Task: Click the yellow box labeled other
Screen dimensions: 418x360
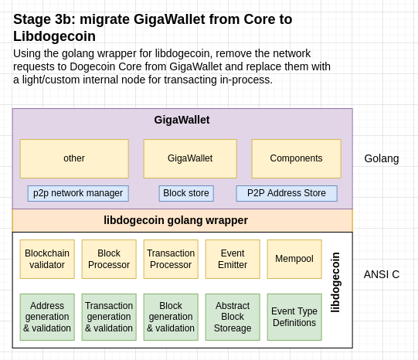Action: pyautogui.click(x=74, y=158)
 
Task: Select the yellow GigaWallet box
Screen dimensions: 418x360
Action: pyautogui.click(x=190, y=158)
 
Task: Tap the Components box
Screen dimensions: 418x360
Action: pyautogui.click(x=297, y=158)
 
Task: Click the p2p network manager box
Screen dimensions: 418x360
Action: pyautogui.click(x=78, y=193)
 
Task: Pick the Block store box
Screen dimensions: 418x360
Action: pyautogui.click(x=186, y=193)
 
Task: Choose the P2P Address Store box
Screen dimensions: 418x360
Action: pyautogui.click(x=287, y=193)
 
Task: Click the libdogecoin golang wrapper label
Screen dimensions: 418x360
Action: pyautogui.click(x=175, y=220)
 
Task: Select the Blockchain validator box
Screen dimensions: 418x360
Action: pyautogui.click(x=47, y=259)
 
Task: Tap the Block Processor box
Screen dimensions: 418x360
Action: pyautogui.click(x=109, y=259)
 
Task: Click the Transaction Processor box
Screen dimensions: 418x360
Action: pyautogui.click(x=171, y=259)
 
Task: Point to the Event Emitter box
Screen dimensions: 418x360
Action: pyautogui.click(x=233, y=259)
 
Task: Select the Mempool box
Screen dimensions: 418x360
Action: pyautogui.click(x=294, y=259)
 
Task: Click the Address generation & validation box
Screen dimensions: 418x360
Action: pyautogui.click(x=47, y=317)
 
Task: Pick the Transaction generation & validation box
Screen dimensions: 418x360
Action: pyautogui.click(x=109, y=317)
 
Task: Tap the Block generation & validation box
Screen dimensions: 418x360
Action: pyautogui.click(x=171, y=317)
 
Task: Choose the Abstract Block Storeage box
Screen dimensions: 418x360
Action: pyautogui.click(x=233, y=317)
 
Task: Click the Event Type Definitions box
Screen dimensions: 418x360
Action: pyautogui.click(x=294, y=317)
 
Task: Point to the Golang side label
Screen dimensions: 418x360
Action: pyautogui.click(x=382, y=159)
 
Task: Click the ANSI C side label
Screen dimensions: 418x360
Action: pyautogui.click(x=382, y=274)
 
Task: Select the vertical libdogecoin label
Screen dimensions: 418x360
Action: pyautogui.click(x=335, y=282)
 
